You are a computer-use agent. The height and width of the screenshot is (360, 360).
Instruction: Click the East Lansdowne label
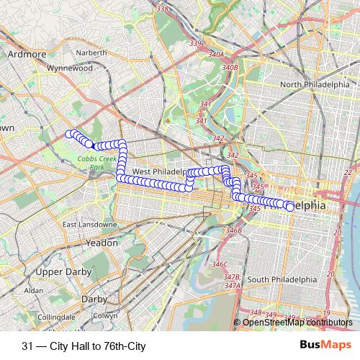[x=89, y=225]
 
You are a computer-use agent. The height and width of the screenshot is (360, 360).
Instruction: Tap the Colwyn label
[x=105, y=315]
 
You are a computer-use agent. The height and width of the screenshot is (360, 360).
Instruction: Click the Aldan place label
[x=33, y=290]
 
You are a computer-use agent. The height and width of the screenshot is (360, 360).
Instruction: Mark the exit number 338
[x=162, y=9]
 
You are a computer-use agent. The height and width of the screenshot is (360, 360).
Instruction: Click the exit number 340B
[x=230, y=68]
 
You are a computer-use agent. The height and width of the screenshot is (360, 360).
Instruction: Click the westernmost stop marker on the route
[x=70, y=133]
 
